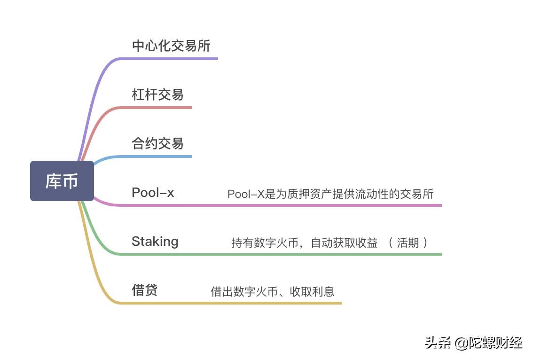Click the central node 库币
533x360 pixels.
pyautogui.click(x=62, y=181)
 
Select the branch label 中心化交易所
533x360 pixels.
pyautogui.click(x=171, y=46)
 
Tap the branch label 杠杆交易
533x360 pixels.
pyautogui.click(x=157, y=94)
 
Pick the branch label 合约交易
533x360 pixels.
pyautogui.click(x=157, y=143)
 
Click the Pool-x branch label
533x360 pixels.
pyautogui.click(x=153, y=192)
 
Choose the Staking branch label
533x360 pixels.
pyautogui.click(x=155, y=242)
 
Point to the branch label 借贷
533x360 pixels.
pyautogui.click(x=144, y=290)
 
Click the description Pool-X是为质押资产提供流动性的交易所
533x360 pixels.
pyautogui.click(x=330, y=194)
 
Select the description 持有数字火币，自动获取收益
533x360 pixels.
pyautogui.click(x=305, y=243)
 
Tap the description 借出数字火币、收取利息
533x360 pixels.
pyautogui.click(x=273, y=291)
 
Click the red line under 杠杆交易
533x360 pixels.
pyautogui.click(x=155, y=108)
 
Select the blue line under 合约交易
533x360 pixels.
pyautogui.click(x=155, y=157)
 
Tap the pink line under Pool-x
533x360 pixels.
pyautogui.click(x=282, y=205)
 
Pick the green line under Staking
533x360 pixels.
pyautogui.click(x=282, y=254)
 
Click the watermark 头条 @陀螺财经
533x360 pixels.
pyautogui.click(x=473, y=343)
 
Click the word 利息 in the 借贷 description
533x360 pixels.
pyautogui.click(x=323, y=291)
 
